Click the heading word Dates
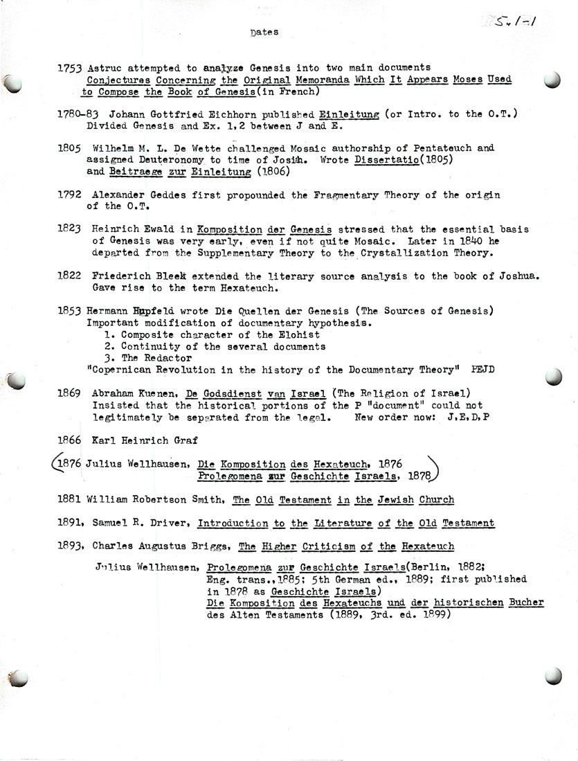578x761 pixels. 264,32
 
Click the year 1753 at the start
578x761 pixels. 70,68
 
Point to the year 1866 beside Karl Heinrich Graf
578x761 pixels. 71,440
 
